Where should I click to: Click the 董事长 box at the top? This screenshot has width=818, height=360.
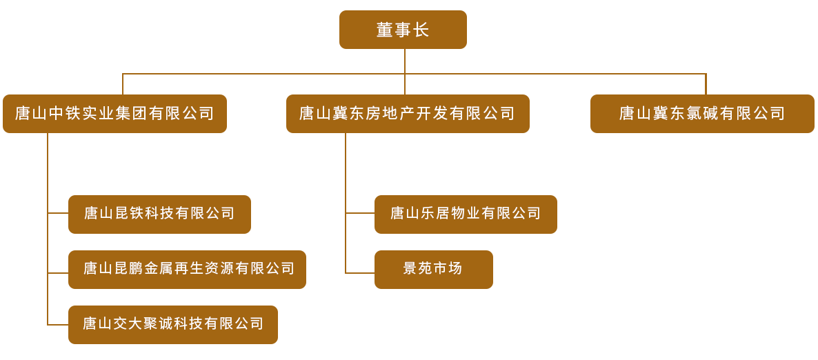tap(403, 30)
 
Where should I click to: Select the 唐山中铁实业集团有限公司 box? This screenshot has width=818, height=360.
tap(114, 114)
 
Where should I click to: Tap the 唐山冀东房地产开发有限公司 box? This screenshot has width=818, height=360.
tap(408, 114)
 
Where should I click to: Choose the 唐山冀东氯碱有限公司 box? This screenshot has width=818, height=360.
tap(702, 114)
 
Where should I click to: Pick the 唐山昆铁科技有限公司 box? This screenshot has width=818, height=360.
tap(159, 214)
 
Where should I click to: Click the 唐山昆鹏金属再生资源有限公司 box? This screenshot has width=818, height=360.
tap(187, 269)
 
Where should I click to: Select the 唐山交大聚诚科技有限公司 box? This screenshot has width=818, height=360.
tap(173, 324)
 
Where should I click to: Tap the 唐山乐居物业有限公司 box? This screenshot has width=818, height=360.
tap(466, 214)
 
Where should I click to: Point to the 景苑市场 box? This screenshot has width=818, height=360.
tap(433, 269)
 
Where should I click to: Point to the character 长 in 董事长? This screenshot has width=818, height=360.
tap(421, 30)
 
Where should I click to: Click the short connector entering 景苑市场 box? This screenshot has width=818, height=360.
tap(360, 273)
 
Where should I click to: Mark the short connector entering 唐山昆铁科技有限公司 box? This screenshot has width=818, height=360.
tap(58, 213)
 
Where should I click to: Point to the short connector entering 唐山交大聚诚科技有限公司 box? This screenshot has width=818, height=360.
tap(58, 324)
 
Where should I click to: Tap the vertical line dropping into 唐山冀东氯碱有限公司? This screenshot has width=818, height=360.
tap(706, 84)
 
